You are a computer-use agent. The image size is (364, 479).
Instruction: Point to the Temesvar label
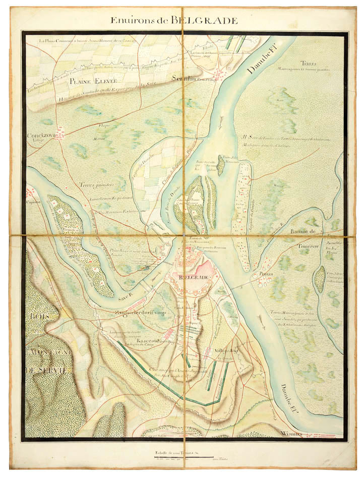point(298,245)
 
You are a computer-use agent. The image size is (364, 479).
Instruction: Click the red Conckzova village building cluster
point(60,134)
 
